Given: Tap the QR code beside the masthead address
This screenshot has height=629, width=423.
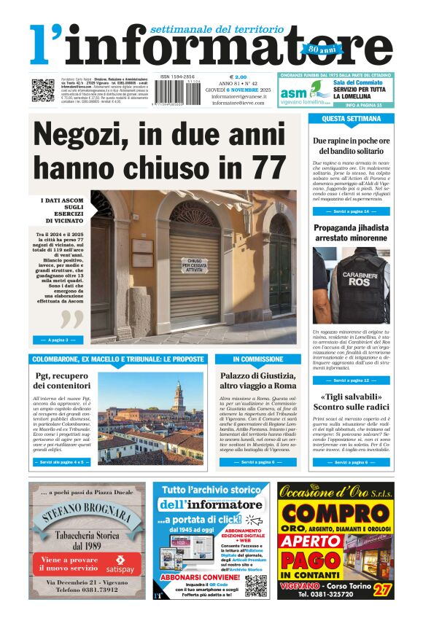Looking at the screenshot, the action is pyautogui.click(x=42, y=90).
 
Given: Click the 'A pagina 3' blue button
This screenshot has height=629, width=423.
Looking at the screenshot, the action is pyautogui.click(x=58, y=340).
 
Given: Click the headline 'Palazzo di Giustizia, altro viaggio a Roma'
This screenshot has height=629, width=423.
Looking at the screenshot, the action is pyautogui.click(x=258, y=380).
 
